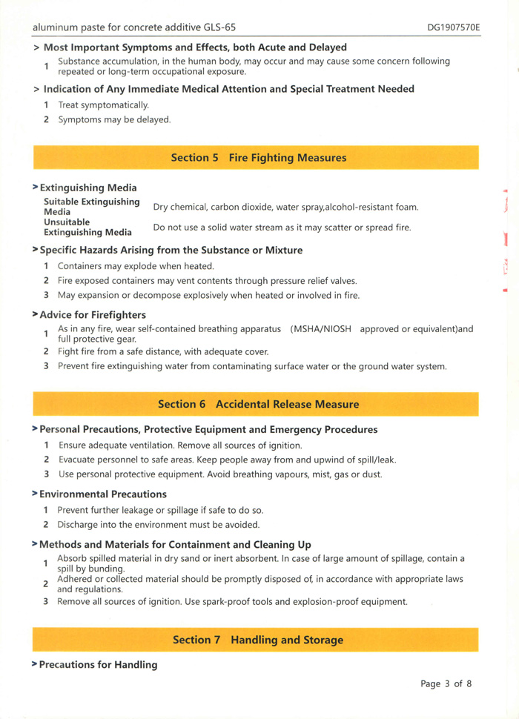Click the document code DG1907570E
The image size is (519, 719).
(453, 27)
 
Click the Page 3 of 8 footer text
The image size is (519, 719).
(446, 683)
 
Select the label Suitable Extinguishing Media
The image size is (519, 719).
(92, 206)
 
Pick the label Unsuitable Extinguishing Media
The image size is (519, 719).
(87, 227)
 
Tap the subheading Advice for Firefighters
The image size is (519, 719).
(93, 315)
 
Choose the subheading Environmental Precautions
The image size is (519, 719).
(103, 494)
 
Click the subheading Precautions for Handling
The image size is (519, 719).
(98, 665)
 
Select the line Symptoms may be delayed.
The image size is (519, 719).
(114, 119)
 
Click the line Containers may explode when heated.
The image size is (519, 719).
(136, 266)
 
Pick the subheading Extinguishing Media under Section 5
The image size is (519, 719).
(87, 188)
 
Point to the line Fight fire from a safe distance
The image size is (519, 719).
(163, 351)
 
